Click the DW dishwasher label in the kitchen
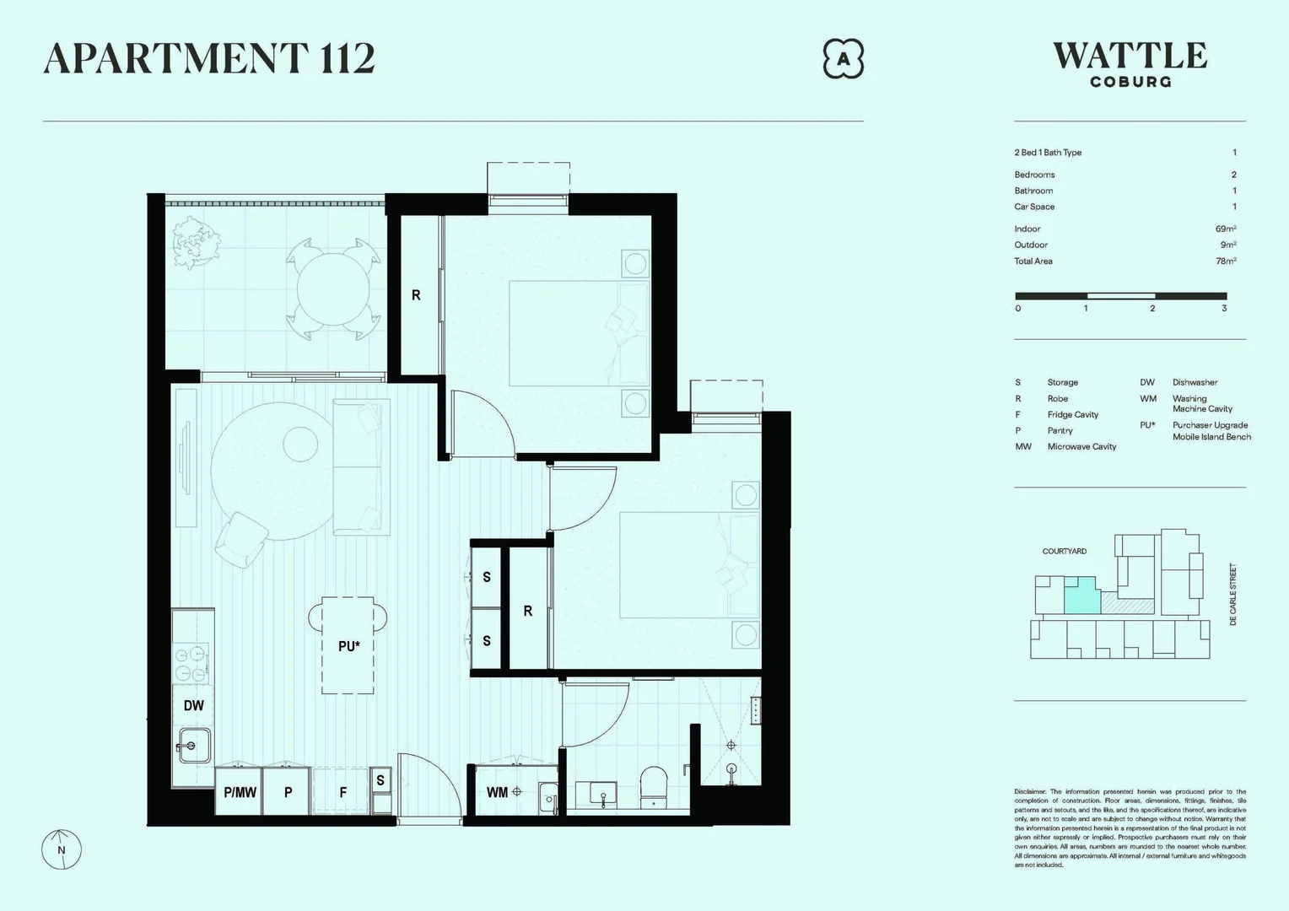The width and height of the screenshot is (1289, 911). [x=193, y=705]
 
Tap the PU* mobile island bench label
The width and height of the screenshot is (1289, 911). [x=348, y=646]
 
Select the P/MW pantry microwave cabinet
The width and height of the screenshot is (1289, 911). [x=240, y=792]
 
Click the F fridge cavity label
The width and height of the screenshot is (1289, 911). [x=342, y=792]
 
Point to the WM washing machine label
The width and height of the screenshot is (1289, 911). [x=497, y=792]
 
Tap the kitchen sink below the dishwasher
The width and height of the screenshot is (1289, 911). [x=192, y=746]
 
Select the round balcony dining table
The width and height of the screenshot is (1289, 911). [x=333, y=288]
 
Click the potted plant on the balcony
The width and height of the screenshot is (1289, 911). [x=196, y=240]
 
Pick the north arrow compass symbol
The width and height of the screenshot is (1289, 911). [x=62, y=849]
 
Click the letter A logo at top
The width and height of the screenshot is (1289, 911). [x=843, y=59]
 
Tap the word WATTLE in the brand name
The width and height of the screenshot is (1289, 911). [x=1130, y=57]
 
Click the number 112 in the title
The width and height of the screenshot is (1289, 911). [x=347, y=58]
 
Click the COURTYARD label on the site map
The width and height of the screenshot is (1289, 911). [x=1064, y=551]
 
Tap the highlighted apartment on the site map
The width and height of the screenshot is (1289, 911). [x=1080, y=597]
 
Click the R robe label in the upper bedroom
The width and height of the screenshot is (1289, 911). [x=416, y=295]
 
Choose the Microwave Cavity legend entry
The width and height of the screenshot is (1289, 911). [x=1081, y=446]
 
